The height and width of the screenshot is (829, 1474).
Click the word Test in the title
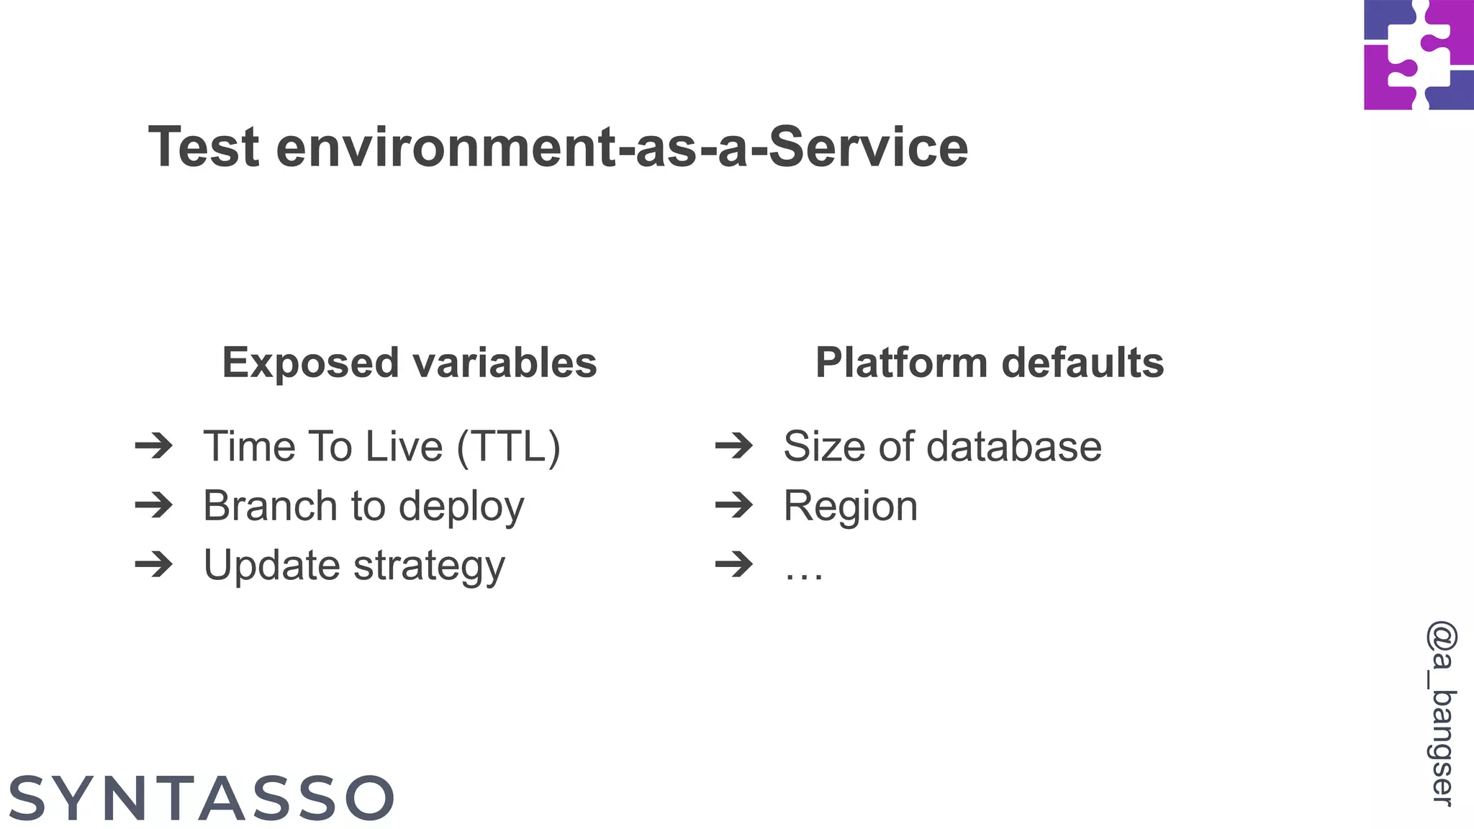pyautogui.click(x=204, y=147)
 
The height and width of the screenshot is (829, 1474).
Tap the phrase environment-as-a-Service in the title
pyautogui.click(x=622, y=147)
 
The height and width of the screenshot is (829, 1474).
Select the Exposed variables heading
pyautogui.click(x=409, y=362)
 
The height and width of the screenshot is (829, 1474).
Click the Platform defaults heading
pyautogui.click(x=989, y=362)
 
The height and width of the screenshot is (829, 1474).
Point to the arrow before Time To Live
pyautogui.click(x=154, y=446)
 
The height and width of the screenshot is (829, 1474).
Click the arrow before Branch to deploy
pyautogui.click(x=154, y=505)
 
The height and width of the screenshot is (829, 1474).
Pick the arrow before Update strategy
pyautogui.click(x=154, y=565)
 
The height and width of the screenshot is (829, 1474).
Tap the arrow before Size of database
pyautogui.click(x=734, y=446)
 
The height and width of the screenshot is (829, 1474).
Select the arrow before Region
pyautogui.click(x=734, y=505)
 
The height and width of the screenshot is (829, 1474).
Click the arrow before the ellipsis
pyautogui.click(x=734, y=565)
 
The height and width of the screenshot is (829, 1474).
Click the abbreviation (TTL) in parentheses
pyautogui.click(x=508, y=446)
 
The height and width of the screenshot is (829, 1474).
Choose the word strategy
pyautogui.click(x=430, y=566)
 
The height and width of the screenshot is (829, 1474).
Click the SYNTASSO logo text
pyautogui.click(x=202, y=798)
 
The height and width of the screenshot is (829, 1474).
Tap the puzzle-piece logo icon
pyautogui.click(x=1419, y=55)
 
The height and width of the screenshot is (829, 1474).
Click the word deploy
pyautogui.click(x=461, y=507)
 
